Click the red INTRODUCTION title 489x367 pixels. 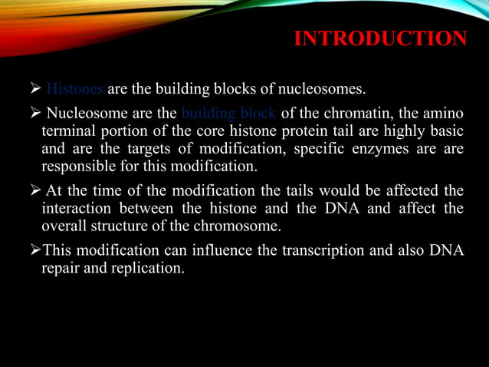click(x=380, y=38)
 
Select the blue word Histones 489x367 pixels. click(x=75, y=90)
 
